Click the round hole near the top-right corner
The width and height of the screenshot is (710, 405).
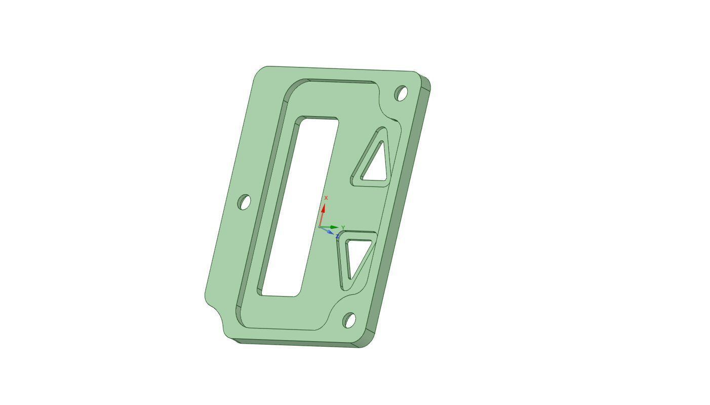pyautogui.click(x=401, y=93)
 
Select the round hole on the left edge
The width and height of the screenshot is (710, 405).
pyautogui.click(x=244, y=202)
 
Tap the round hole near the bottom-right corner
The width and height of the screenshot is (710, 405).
pyautogui.click(x=349, y=320)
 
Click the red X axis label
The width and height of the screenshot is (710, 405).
pyautogui.click(x=326, y=198)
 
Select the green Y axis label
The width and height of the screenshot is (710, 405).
pyautogui.click(x=343, y=228)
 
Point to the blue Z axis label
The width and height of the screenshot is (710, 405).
pyautogui.click(x=337, y=236)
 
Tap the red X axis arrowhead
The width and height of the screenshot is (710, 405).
pyautogui.click(x=323, y=207)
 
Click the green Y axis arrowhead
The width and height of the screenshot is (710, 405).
pyautogui.click(x=335, y=227)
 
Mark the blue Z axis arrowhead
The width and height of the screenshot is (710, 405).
pyautogui.click(x=330, y=232)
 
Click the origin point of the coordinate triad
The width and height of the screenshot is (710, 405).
pyautogui.click(x=320, y=227)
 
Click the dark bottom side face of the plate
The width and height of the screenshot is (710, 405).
pyautogui.click(x=299, y=343)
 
